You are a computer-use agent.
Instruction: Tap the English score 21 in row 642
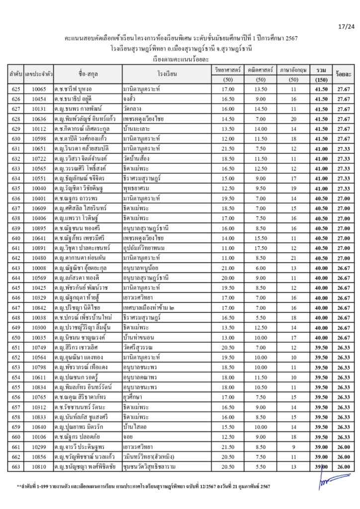[293, 258]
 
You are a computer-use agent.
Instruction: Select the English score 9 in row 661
[293, 447]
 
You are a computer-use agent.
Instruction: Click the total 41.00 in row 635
[321, 188]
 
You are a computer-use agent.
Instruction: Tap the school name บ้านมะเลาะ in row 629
[138, 129]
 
